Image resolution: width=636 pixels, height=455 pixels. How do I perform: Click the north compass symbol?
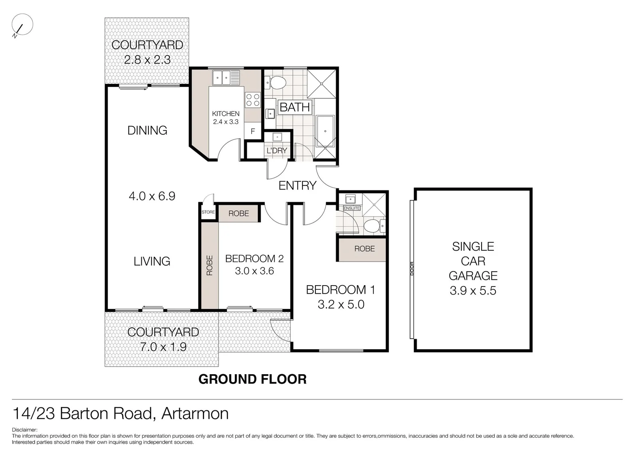pos(22,25)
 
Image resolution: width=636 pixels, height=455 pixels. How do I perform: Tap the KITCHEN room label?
pos(226,114)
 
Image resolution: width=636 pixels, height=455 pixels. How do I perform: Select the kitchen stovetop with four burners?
pos(253,100)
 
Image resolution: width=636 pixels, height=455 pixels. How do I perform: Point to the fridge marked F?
pos(253,131)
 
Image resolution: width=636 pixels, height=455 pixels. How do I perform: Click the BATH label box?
pos(295,107)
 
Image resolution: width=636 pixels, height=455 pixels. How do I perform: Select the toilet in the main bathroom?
pos(277,83)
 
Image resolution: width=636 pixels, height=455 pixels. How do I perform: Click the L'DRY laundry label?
pos(277,150)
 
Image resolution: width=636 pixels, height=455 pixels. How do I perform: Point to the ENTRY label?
pos(297,185)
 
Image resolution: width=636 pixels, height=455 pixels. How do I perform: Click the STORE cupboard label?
pos(208,212)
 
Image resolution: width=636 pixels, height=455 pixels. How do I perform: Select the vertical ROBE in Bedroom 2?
pos(210,265)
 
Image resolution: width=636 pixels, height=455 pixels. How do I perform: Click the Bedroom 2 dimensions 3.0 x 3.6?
pos(254,271)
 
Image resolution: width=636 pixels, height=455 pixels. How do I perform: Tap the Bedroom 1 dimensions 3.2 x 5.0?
pos(341,304)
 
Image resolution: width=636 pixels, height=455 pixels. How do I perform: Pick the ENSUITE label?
pos(352,208)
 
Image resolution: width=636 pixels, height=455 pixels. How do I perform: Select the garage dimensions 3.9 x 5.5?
pos(473,291)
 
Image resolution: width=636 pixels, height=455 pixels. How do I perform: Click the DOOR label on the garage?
pos(412,268)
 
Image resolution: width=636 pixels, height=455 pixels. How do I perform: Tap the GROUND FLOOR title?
pos(252,379)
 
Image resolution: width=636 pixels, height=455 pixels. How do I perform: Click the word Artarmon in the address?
pos(195,414)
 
